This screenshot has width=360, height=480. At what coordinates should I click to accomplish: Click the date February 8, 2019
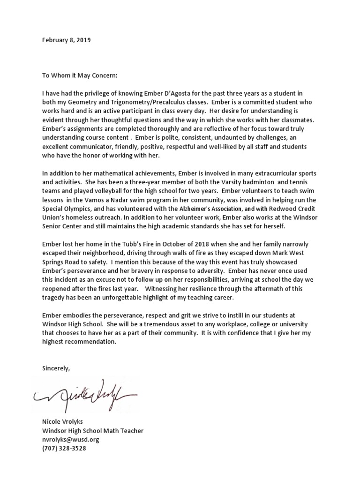point(66,40)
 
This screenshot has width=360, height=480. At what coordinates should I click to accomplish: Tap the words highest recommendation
point(78,342)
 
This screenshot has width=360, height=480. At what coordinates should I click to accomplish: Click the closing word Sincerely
point(56,368)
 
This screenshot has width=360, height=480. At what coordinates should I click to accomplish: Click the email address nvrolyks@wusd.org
point(70,440)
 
